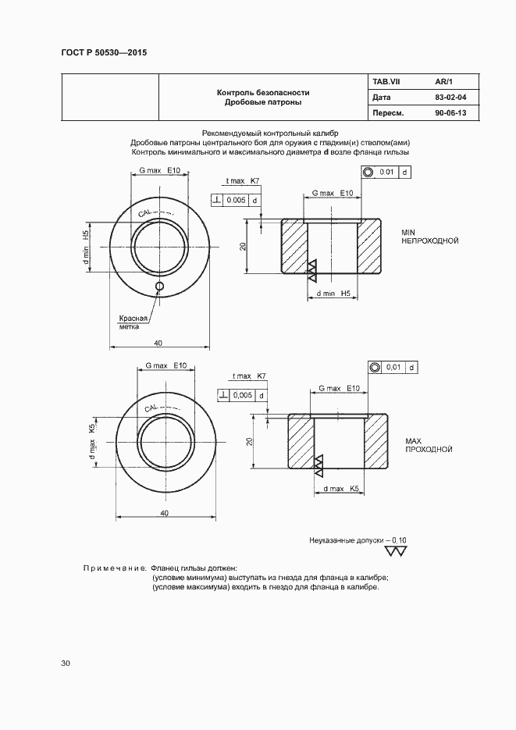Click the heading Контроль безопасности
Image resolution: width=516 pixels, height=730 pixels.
pyautogui.click(x=262, y=92)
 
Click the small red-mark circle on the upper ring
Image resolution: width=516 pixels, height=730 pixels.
pyautogui.click(x=159, y=287)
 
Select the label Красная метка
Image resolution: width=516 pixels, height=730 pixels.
pyautogui.click(x=133, y=322)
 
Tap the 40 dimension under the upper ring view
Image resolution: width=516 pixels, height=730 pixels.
pyautogui.click(x=158, y=344)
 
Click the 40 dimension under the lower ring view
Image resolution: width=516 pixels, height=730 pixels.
pyautogui.click(x=164, y=512)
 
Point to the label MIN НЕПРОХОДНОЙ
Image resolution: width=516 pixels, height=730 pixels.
pyautogui.click(x=429, y=237)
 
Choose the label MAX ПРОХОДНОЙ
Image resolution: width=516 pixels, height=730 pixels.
pyautogui.click(x=429, y=446)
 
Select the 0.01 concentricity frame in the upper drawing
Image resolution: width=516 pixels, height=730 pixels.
pyautogui.click(x=386, y=172)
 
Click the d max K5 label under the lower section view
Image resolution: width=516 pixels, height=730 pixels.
pyautogui.click(x=340, y=489)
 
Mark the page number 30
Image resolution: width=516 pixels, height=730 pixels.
pyautogui.click(x=66, y=664)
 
